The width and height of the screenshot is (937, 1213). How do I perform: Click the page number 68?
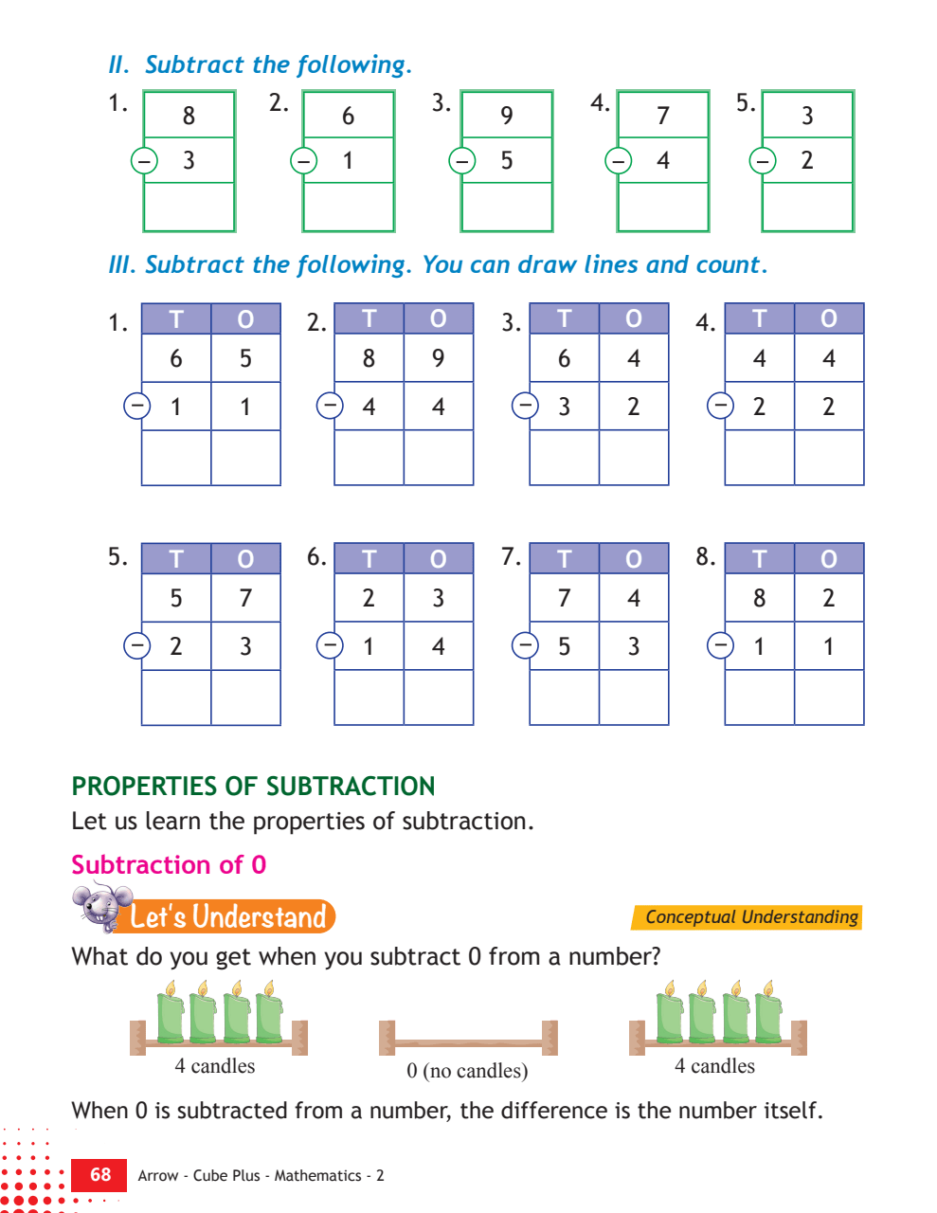100,1174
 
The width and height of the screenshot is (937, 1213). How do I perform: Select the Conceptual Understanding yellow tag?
747,917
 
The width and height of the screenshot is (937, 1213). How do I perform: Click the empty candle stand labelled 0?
468,1038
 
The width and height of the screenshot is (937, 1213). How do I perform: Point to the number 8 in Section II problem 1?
189,116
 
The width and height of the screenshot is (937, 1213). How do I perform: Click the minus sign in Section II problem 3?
462,161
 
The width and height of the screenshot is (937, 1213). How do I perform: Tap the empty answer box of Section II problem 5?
807,206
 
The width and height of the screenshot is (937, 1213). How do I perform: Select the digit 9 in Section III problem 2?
438,358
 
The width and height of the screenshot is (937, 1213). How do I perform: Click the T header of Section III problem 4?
759,318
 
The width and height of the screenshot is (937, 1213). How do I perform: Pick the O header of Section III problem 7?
634,558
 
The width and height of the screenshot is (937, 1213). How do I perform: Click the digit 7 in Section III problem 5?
245,598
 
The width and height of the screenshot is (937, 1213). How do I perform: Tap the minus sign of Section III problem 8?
720,646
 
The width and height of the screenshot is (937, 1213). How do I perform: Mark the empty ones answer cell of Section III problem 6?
438,697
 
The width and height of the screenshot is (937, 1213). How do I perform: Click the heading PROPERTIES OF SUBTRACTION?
253,786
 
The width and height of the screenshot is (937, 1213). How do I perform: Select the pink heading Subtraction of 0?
169,864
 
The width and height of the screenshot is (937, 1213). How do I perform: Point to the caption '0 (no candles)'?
467,1070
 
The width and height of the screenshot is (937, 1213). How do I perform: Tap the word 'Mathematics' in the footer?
317,1176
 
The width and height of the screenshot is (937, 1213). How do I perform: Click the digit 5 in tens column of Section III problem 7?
565,646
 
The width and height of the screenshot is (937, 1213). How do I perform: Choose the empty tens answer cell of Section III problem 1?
176,457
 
